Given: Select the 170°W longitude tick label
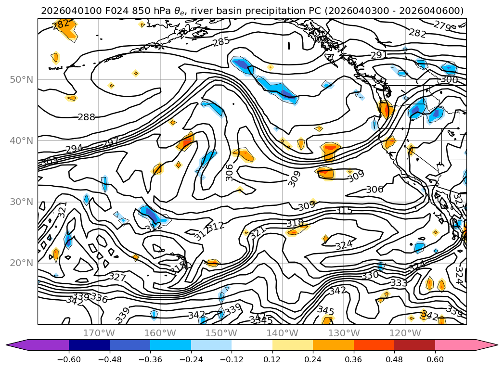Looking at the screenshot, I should tap(99, 333).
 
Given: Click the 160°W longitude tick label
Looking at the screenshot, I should tap(160, 333).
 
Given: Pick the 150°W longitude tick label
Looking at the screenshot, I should tap(221, 333).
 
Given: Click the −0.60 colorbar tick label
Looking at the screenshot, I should tap(69, 359).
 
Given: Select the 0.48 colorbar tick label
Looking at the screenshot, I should tap(394, 359).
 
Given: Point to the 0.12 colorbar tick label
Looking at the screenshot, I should tap(272, 359).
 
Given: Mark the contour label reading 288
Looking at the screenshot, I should tap(86, 117).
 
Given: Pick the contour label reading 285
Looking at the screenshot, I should tap(221, 41).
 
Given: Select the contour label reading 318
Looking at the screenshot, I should tap(295, 223).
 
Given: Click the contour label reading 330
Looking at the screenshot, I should tap(370, 275).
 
